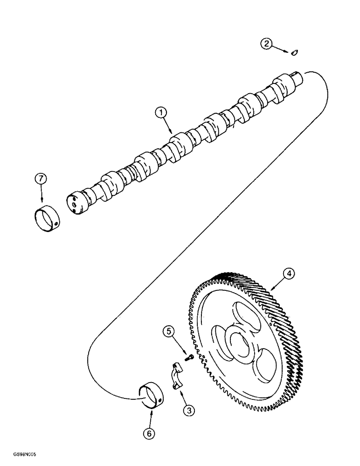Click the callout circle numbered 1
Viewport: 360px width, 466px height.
[x=160, y=112]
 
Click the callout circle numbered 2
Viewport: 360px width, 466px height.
[x=266, y=44]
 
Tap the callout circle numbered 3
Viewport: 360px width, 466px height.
[x=189, y=410]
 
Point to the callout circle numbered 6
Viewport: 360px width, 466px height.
[x=149, y=433]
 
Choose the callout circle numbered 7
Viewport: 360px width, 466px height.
[x=41, y=179]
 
